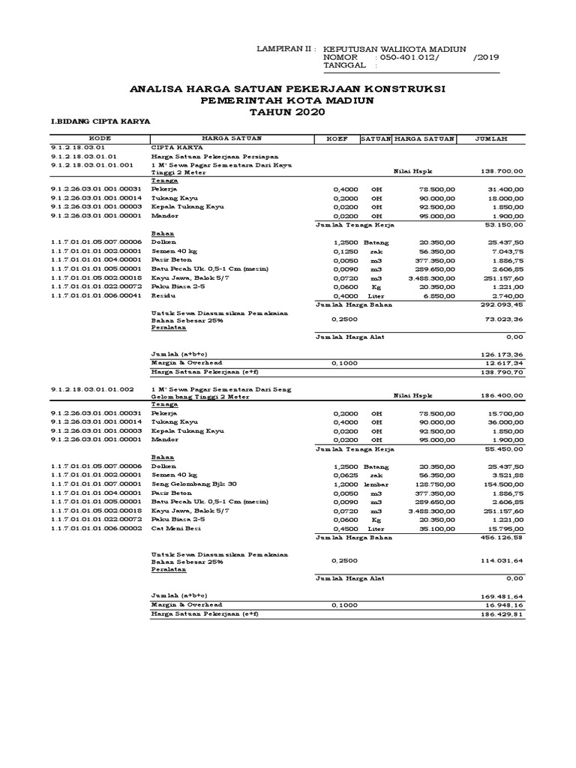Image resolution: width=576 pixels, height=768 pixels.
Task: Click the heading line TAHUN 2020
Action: pos(288,111)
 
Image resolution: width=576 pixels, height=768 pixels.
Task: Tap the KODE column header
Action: pos(99,139)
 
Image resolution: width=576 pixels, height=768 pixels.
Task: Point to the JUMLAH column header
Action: pos(491,139)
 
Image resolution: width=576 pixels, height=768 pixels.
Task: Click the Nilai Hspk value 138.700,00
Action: pos(502,172)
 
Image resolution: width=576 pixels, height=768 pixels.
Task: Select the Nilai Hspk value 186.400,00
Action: pos(502,394)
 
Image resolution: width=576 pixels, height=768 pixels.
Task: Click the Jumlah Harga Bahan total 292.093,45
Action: pos(502,306)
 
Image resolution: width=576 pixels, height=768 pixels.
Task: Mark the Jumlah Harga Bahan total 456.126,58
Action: pos(502,538)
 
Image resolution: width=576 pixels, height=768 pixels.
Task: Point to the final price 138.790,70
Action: pos(502,371)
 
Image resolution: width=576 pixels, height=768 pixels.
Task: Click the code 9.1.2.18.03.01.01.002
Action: pos(92,389)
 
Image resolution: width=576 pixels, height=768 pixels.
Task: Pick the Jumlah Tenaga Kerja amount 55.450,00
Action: pos(502,449)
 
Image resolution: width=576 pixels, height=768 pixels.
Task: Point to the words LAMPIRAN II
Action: pos(285,47)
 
